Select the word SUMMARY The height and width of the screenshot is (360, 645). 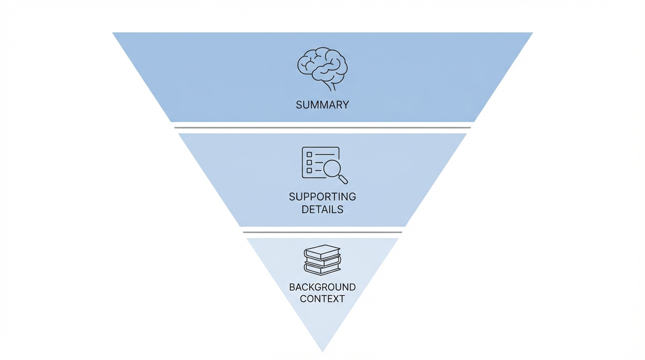322,105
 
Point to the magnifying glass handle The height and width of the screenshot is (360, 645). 344,180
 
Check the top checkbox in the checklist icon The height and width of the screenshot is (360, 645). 309,154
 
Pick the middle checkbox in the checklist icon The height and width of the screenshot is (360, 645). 309,162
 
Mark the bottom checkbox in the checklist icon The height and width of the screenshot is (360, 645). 309,170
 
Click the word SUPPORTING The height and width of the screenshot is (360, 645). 322,196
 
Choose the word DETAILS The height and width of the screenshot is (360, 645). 322,210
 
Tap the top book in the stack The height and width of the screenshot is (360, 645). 322,252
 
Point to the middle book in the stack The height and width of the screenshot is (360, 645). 322,261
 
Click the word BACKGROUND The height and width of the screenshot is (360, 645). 322,287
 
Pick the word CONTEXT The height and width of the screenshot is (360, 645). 322,299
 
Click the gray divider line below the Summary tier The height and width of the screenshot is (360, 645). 322,127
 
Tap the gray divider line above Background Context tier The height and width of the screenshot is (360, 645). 322,232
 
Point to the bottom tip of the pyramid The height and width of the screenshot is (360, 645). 322,350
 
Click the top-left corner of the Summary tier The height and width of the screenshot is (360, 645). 114,33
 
